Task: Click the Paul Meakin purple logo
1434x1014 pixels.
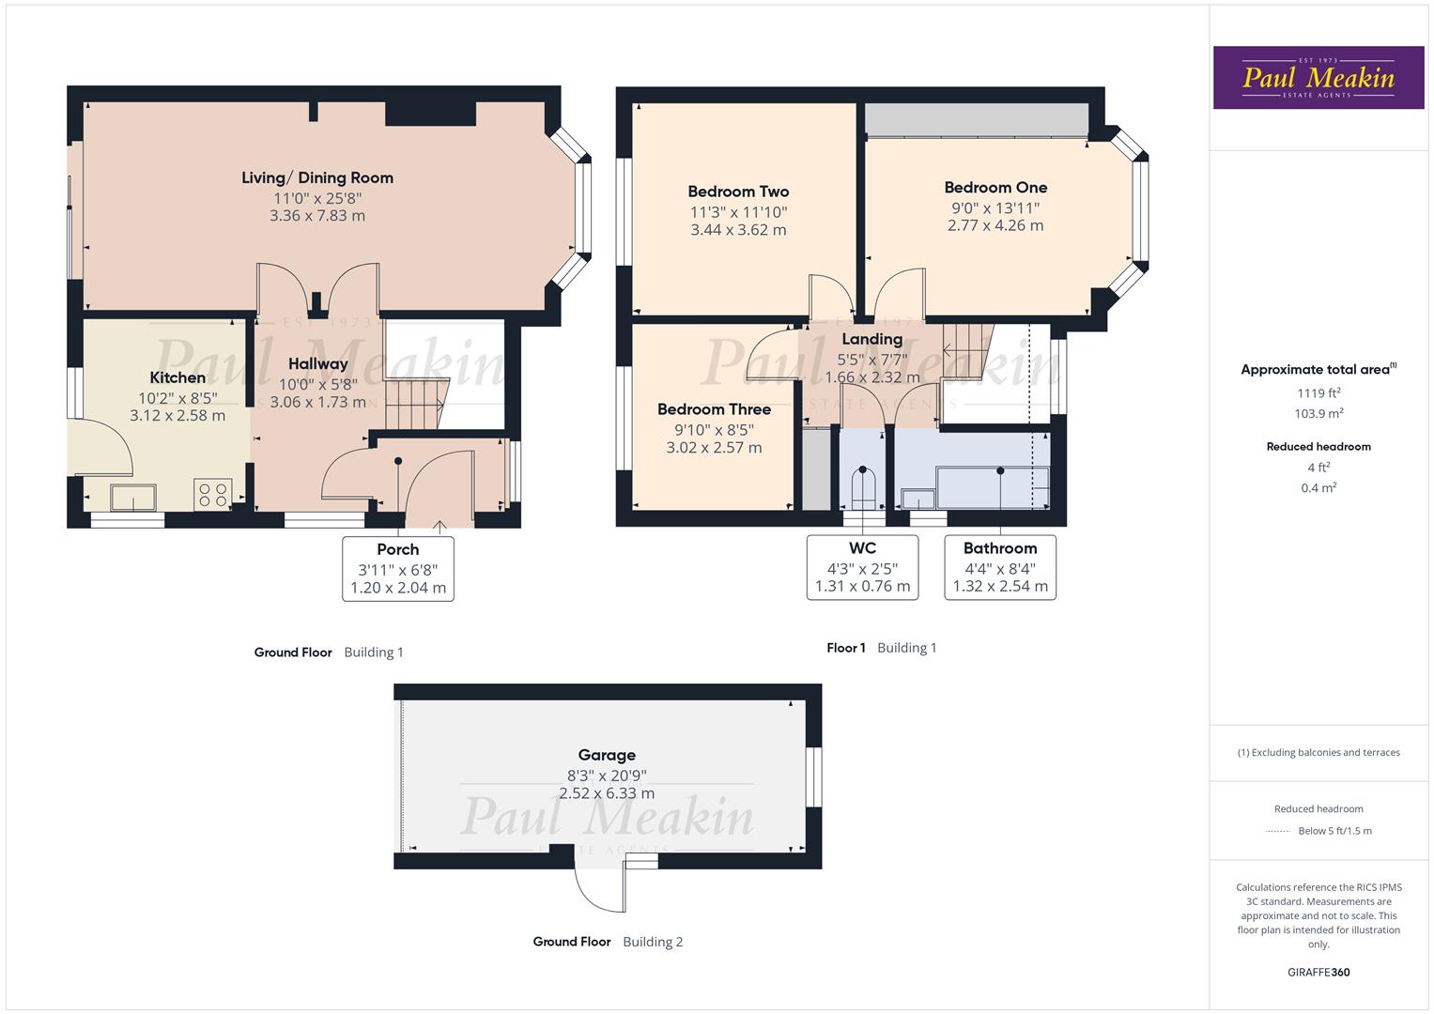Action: [x=1318, y=78]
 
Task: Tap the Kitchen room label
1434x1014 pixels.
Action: [x=177, y=377]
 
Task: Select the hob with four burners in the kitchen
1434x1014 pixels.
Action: [x=213, y=494]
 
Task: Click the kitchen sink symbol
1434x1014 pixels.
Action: [x=132, y=496]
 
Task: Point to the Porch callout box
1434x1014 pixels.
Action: [x=398, y=569]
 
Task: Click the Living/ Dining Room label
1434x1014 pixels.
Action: [x=317, y=177]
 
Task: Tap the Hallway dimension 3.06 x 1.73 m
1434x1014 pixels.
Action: [x=317, y=402]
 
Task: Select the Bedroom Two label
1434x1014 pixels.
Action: [x=738, y=192]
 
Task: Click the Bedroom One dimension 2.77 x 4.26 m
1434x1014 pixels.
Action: [x=995, y=225]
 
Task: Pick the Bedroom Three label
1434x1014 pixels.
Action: [x=714, y=409]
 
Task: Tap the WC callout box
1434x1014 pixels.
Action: [x=862, y=567]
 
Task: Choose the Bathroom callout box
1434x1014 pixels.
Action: [x=1000, y=567]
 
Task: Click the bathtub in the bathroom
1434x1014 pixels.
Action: [x=992, y=486]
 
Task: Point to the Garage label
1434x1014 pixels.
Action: [x=607, y=755]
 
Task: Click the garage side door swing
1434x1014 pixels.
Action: [x=596, y=888]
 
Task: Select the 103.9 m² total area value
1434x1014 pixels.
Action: [x=1318, y=413]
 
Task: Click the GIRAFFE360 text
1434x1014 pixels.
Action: [x=1318, y=972]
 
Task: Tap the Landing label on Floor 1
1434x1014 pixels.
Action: [x=871, y=339]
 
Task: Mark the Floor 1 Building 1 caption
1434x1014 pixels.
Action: [x=881, y=648]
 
